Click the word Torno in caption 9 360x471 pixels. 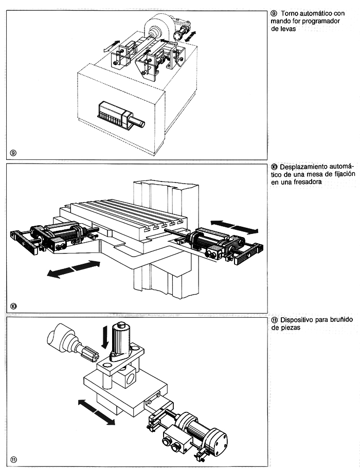click(x=290, y=13)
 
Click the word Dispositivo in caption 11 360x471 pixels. click(x=297, y=320)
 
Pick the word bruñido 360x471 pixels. click(x=341, y=320)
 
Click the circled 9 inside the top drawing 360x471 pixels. click(x=13, y=153)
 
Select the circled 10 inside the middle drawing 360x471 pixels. click(x=13, y=306)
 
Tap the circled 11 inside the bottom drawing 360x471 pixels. click(x=14, y=460)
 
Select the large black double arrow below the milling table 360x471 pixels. click(x=74, y=269)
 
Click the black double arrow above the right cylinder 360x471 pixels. click(x=234, y=226)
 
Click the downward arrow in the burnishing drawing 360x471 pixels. click(x=104, y=338)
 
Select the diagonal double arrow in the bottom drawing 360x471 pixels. click(x=97, y=412)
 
